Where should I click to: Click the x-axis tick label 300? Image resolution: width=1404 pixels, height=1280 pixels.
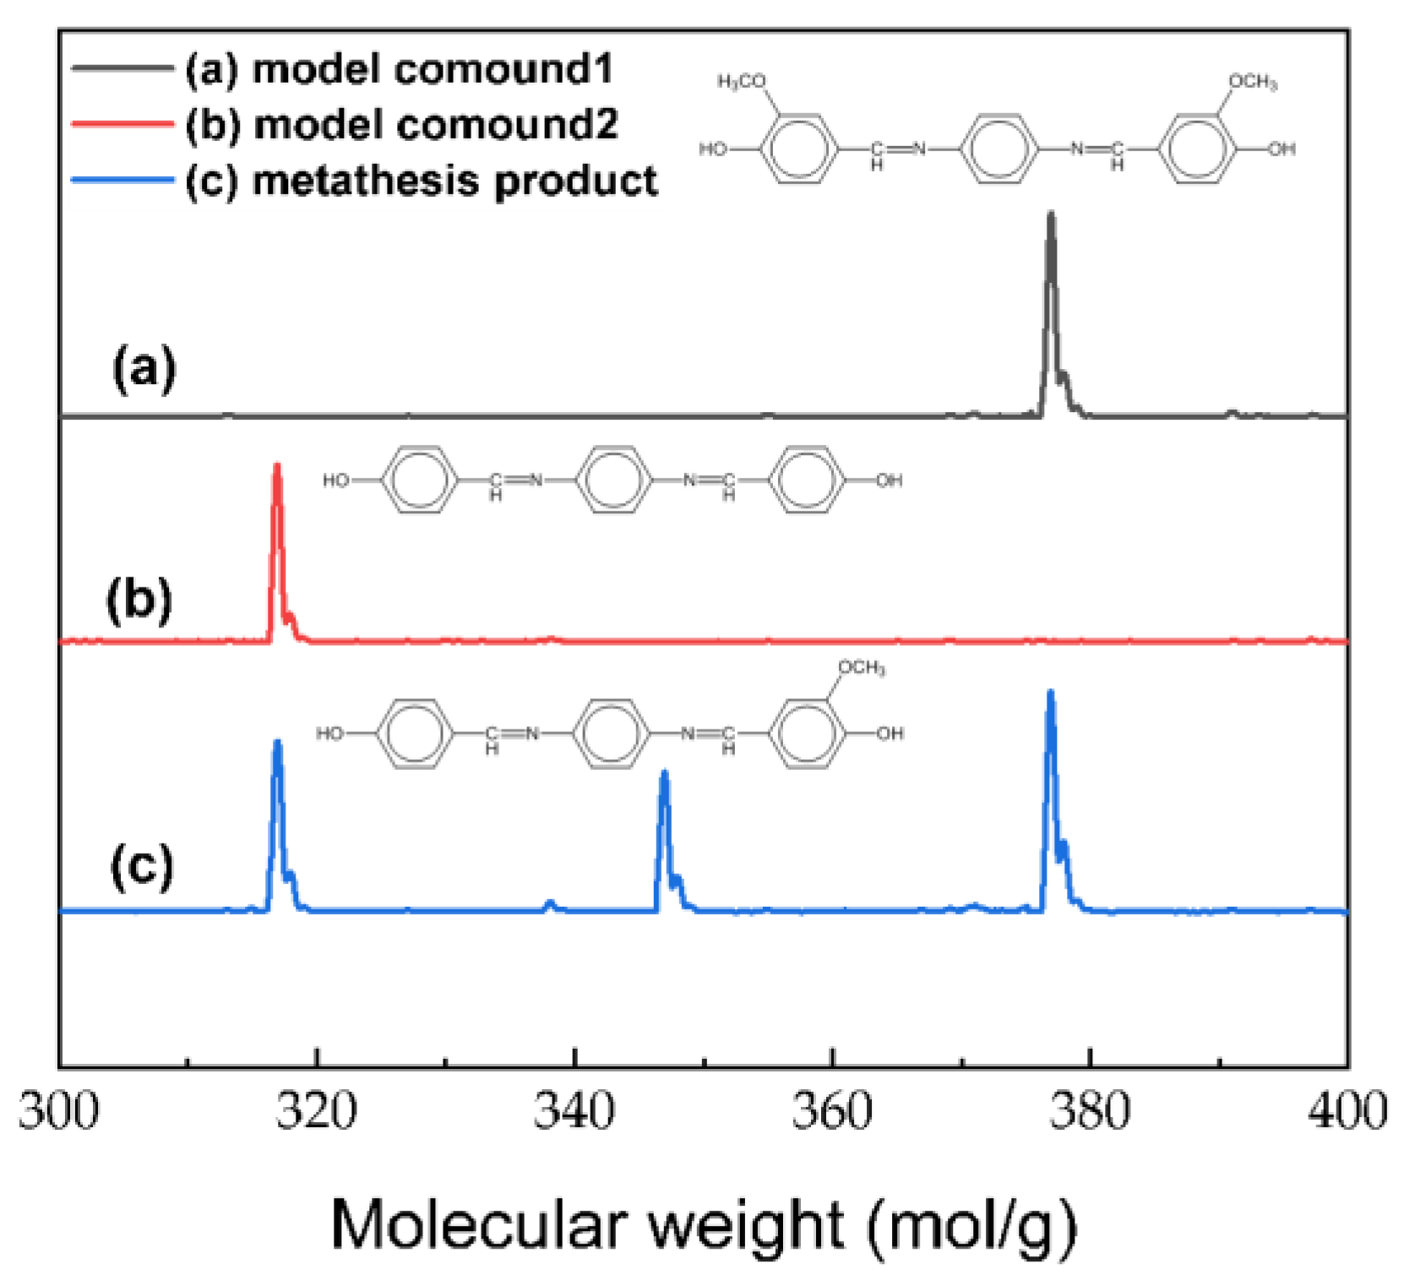point(59,1111)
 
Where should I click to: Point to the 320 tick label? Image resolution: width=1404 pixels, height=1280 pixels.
point(317,1111)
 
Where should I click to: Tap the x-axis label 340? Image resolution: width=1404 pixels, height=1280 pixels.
point(574,1111)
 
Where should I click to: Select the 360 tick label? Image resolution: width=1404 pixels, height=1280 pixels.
point(832,1111)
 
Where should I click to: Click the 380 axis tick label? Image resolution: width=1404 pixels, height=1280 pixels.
point(1090,1111)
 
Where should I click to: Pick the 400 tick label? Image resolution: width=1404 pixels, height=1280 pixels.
point(1347,1111)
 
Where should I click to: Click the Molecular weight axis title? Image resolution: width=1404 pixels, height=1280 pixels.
point(704,1224)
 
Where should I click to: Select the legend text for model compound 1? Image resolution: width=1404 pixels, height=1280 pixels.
point(399,68)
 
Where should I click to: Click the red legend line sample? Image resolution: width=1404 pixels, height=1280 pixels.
point(122,124)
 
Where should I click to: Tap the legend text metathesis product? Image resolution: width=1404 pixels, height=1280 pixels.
point(421,181)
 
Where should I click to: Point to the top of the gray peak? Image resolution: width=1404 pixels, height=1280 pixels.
point(1051,214)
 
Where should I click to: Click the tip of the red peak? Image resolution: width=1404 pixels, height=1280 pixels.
point(277,466)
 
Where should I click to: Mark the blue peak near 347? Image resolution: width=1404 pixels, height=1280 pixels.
point(665,773)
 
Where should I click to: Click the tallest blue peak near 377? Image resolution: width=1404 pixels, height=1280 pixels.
point(1051,693)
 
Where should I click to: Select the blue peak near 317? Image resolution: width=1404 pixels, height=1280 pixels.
point(277,742)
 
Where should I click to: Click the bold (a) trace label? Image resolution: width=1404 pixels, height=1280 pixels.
point(144,369)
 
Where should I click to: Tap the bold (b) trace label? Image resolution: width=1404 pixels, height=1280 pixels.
point(139,600)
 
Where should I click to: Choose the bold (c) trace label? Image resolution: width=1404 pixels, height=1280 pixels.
point(142,866)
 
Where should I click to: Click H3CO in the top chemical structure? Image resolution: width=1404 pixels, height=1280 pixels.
point(742,81)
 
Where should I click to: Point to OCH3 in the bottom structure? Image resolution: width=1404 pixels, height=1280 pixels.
point(861,668)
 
